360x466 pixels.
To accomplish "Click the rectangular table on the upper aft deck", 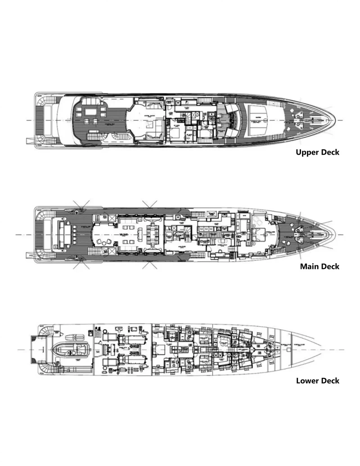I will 89,110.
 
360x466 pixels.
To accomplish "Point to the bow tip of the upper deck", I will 335,121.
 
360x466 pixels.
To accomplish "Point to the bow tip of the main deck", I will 335,235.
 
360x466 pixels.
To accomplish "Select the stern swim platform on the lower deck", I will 33,349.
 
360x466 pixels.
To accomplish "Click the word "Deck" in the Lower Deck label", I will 329,381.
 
